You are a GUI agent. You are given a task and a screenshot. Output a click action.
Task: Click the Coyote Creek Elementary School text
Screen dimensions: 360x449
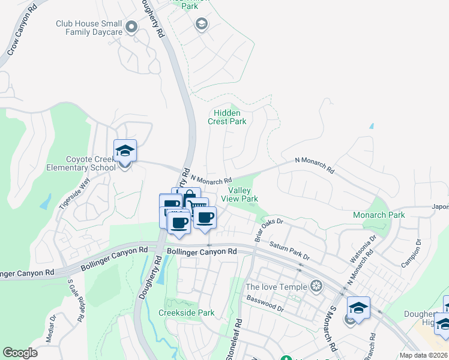click(81, 164)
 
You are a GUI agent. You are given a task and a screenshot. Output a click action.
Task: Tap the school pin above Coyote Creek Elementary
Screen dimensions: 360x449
click(125, 151)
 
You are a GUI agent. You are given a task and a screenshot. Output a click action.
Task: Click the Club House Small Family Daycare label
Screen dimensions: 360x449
click(89, 28)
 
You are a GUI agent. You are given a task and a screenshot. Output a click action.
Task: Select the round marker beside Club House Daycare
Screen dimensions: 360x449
click(132, 27)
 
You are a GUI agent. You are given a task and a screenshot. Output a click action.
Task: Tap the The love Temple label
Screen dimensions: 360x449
click(277, 286)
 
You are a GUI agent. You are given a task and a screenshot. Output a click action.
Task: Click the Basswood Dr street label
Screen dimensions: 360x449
click(265, 303)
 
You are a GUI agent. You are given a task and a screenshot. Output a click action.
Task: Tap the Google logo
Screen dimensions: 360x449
click(20, 353)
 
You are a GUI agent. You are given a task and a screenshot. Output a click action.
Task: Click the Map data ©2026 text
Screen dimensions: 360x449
click(423, 355)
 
